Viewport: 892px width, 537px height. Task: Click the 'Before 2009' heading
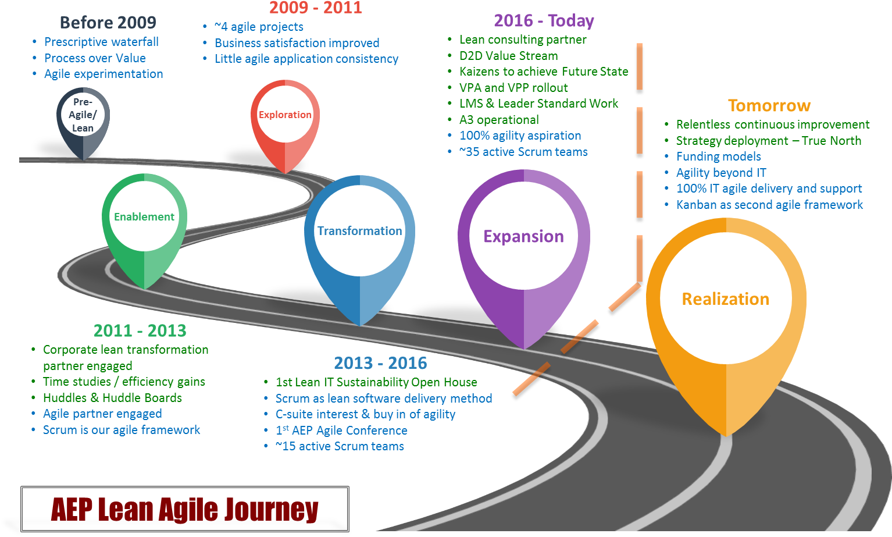(108, 22)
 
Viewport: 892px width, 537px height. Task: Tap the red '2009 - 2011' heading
(315, 8)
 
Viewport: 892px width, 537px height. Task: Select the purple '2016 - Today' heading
(544, 21)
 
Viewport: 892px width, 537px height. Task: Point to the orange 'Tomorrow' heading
(769, 105)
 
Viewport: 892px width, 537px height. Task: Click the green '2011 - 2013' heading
(140, 330)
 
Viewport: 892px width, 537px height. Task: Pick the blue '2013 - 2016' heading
(380, 363)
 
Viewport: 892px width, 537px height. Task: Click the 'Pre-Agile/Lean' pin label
(83, 115)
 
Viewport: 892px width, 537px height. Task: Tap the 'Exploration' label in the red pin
(285, 115)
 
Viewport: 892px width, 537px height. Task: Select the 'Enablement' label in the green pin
(144, 216)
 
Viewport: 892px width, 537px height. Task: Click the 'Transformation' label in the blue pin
(359, 230)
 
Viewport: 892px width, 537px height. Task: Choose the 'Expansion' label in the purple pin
(524, 237)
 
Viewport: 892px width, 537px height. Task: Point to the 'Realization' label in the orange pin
(726, 299)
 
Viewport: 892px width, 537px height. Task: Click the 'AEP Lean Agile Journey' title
(185, 509)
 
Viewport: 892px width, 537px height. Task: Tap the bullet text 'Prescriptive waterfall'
(102, 42)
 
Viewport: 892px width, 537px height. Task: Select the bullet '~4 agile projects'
(259, 27)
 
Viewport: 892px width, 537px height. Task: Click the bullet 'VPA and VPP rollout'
(513, 88)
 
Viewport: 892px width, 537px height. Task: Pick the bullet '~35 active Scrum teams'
(524, 152)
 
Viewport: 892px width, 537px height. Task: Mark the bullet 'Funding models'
(719, 157)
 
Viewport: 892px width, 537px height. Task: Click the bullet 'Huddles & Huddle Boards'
(112, 397)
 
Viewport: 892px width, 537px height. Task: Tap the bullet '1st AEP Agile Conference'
(342, 430)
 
